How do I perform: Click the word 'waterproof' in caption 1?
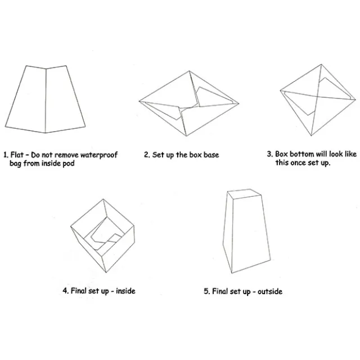tap(99, 155)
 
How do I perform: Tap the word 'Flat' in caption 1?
tap(17, 155)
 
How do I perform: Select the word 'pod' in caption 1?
tap(69, 164)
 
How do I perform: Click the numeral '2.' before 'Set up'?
tap(147, 155)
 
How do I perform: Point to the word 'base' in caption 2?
tap(211, 155)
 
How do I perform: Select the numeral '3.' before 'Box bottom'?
tap(270, 154)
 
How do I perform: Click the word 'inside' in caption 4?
tap(125, 291)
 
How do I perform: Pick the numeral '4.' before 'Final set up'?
tap(66, 291)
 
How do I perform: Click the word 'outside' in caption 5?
tap(270, 291)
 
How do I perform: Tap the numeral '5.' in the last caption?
tap(207, 291)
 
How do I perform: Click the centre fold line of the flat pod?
tap(46, 101)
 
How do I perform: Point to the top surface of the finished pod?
tap(245, 193)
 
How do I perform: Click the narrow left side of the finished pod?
tap(228, 232)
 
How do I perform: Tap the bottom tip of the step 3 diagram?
tap(311, 136)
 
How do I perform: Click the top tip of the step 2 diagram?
tap(189, 71)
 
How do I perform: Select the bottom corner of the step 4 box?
tap(106, 272)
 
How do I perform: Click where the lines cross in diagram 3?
tap(317, 96)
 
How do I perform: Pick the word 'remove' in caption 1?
tap(66, 155)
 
